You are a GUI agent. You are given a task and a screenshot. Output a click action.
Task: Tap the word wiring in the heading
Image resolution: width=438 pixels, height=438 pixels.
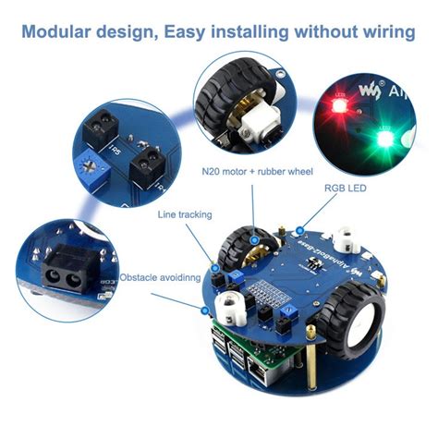point(380,32)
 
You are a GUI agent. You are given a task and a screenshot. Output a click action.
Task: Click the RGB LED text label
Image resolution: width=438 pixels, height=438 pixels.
point(343,188)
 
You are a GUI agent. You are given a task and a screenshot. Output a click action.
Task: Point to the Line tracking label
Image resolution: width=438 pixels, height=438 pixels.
point(183,216)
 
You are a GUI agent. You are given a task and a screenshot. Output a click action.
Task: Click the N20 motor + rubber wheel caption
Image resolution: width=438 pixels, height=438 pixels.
point(258,171)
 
